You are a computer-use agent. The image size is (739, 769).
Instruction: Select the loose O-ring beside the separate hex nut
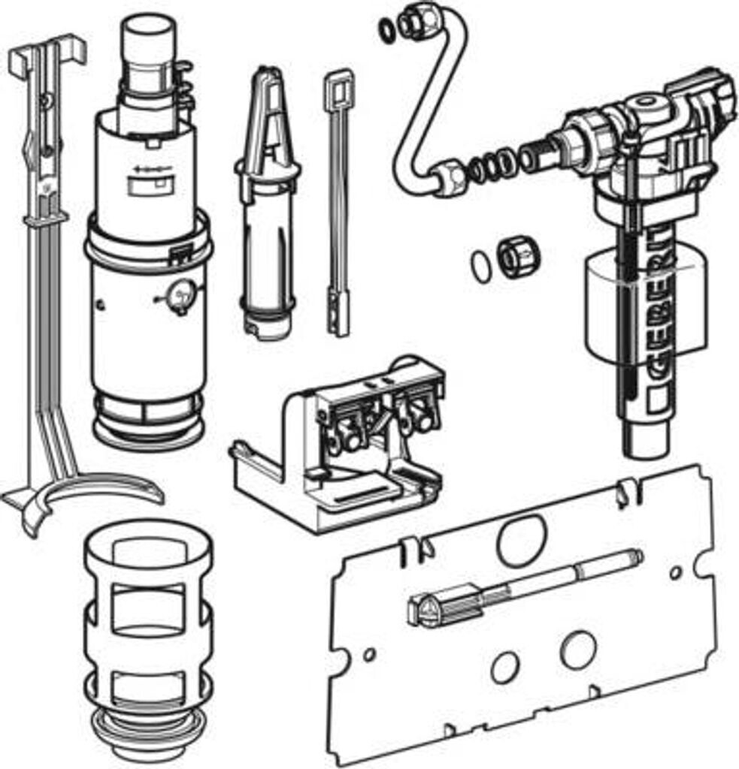pyautogui.click(x=481, y=267)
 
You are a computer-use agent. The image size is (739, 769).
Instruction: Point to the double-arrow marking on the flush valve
pyautogui.click(x=151, y=169)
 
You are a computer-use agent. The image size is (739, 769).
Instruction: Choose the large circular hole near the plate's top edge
pyautogui.click(x=522, y=538)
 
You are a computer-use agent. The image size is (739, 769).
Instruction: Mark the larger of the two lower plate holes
pyautogui.click(x=579, y=649)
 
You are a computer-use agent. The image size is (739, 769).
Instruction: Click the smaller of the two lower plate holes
pyautogui.click(x=504, y=667)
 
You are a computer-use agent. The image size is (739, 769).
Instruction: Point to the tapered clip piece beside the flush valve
pyautogui.click(x=268, y=201)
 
